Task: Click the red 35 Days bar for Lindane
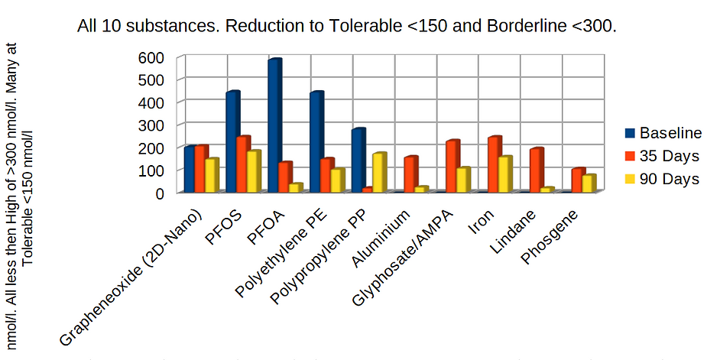click(x=537, y=170)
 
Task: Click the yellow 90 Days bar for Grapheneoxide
click(x=212, y=175)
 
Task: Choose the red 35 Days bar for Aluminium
click(x=410, y=174)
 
